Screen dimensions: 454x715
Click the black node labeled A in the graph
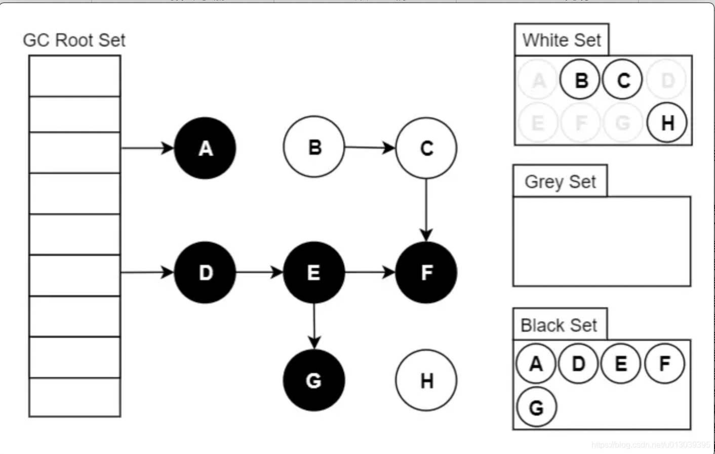[205, 148]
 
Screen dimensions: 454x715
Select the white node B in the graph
[314, 147]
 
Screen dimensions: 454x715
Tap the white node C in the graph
[426, 148]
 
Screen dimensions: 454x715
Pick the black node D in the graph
[205, 273]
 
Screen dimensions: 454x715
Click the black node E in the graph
[314, 273]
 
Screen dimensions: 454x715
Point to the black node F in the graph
[426, 273]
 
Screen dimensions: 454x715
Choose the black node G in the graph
[314, 380]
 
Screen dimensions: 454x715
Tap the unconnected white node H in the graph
[426, 380]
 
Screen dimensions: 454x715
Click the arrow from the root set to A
[147, 148]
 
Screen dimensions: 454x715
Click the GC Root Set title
[74, 40]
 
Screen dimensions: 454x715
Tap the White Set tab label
[561, 40]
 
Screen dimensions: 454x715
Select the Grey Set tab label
[560, 181]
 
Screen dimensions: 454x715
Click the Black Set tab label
[559, 325]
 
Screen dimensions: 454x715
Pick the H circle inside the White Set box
[667, 122]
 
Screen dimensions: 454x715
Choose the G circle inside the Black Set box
[536, 407]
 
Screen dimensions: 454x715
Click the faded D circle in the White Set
[667, 80]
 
